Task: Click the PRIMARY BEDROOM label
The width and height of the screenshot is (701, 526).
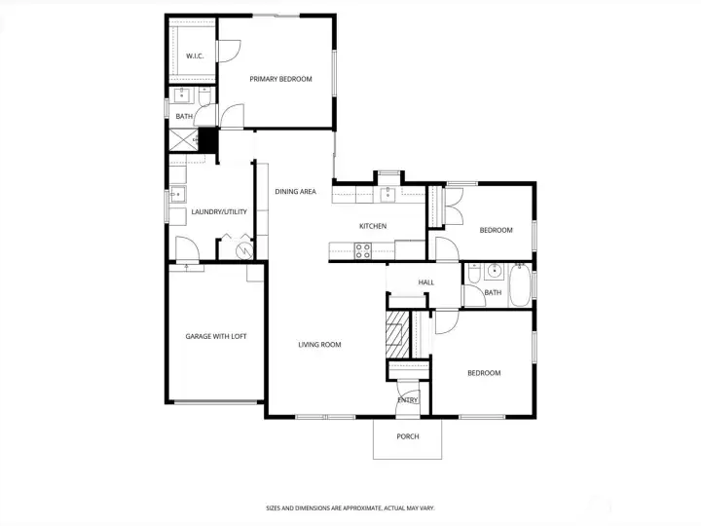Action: pyautogui.click(x=280, y=79)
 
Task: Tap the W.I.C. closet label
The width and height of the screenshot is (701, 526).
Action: pyautogui.click(x=195, y=56)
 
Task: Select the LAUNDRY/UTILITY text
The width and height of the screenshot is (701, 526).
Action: pyautogui.click(x=219, y=211)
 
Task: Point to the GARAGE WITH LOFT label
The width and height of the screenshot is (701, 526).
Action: pyautogui.click(x=216, y=336)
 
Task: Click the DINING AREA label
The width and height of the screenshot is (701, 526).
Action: pyautogui.click(x=296, y=192)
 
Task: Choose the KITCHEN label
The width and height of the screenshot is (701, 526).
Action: pyautogui.click(x=373, y=226)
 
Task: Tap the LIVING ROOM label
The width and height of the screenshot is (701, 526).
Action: pyautogui.click(x=319, y=345)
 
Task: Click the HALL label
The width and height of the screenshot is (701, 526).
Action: pyautogui.click(x=426, y=282)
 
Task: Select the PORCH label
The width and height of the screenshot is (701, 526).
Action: pyautogui.click(x=408, y=436)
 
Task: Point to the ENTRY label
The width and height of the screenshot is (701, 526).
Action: pyautogui.click(x=408, y=400)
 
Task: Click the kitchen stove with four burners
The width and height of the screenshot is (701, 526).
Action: pyautogui.click(x=362, y=251)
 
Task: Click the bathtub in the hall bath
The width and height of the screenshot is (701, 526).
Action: pyautogui.click(x=520, y=284)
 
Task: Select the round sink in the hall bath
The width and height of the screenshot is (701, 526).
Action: pyautogui.click(x=494, y=271)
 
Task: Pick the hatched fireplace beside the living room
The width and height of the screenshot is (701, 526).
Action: pyautogui.click(x=398, y=334)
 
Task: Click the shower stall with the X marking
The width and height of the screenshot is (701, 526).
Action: pyautogui.click(x=183, y=140)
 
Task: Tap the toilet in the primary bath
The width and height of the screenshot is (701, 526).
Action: pyautogui.click(x=204, y=96)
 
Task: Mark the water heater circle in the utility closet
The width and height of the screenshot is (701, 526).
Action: pyautogui.click(x=245, y=251)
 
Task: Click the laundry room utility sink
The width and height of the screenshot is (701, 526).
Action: pyautogui.click(x=177, y=194)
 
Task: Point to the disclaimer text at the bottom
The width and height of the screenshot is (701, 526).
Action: pyautogui.click(x=350, y=508)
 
